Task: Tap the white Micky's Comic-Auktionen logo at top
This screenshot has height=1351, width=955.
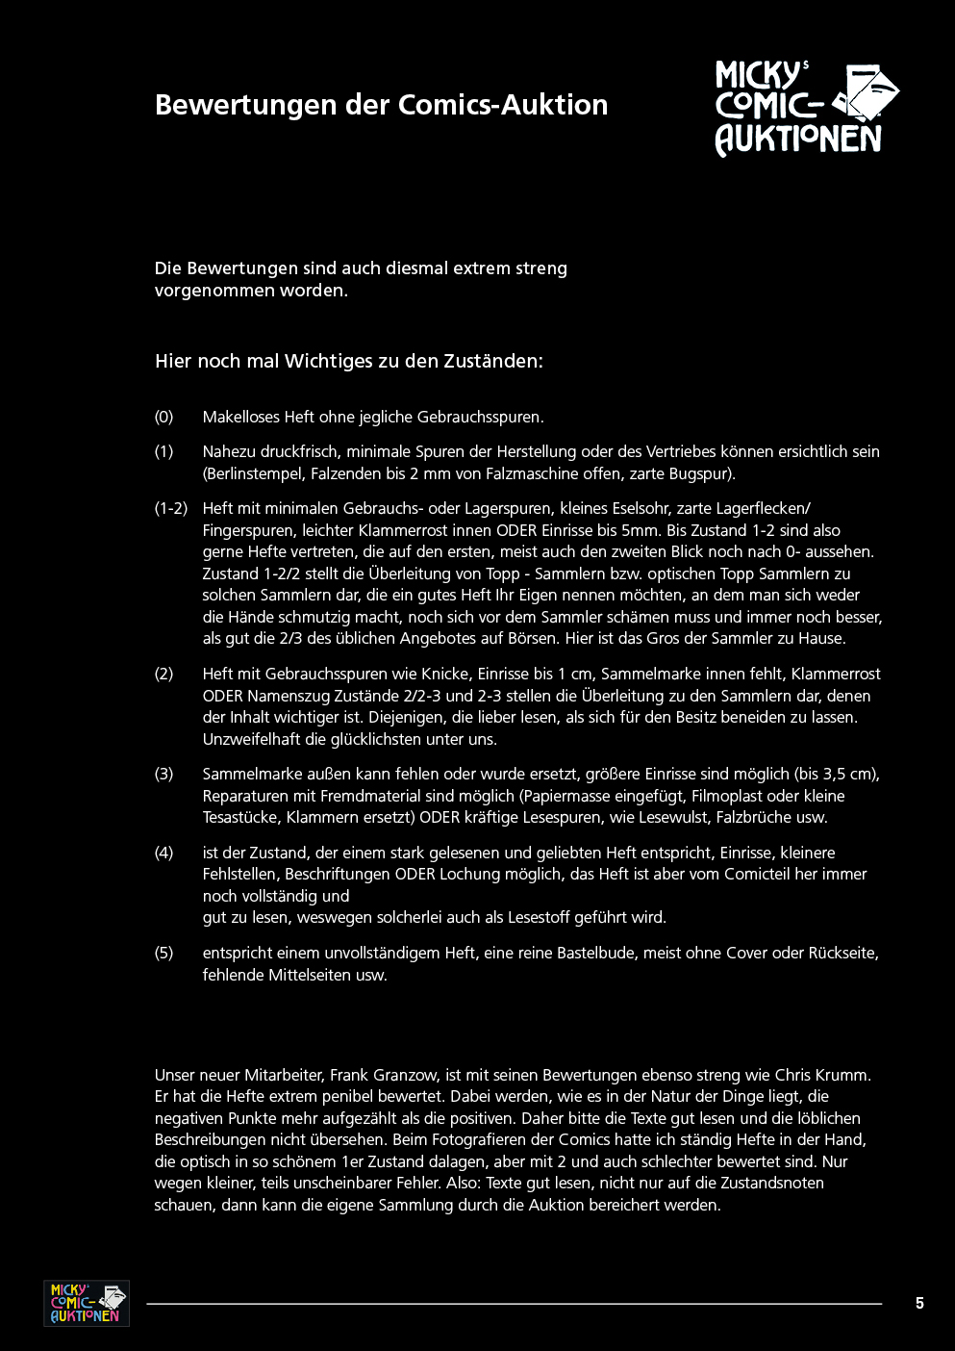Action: coord(806,108)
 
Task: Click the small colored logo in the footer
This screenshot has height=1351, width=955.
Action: coord(87,1303)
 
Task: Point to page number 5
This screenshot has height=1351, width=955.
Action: coord(919,1303)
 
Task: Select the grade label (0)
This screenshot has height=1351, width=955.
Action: coord(164,417)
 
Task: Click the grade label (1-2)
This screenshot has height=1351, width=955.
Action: coord(171,508)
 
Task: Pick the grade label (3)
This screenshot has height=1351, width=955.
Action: coord(164,774)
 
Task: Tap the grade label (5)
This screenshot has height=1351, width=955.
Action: coord(164,953)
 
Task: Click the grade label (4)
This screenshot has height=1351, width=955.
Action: coord(164,853)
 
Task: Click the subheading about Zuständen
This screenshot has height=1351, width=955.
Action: coord(349,361)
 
